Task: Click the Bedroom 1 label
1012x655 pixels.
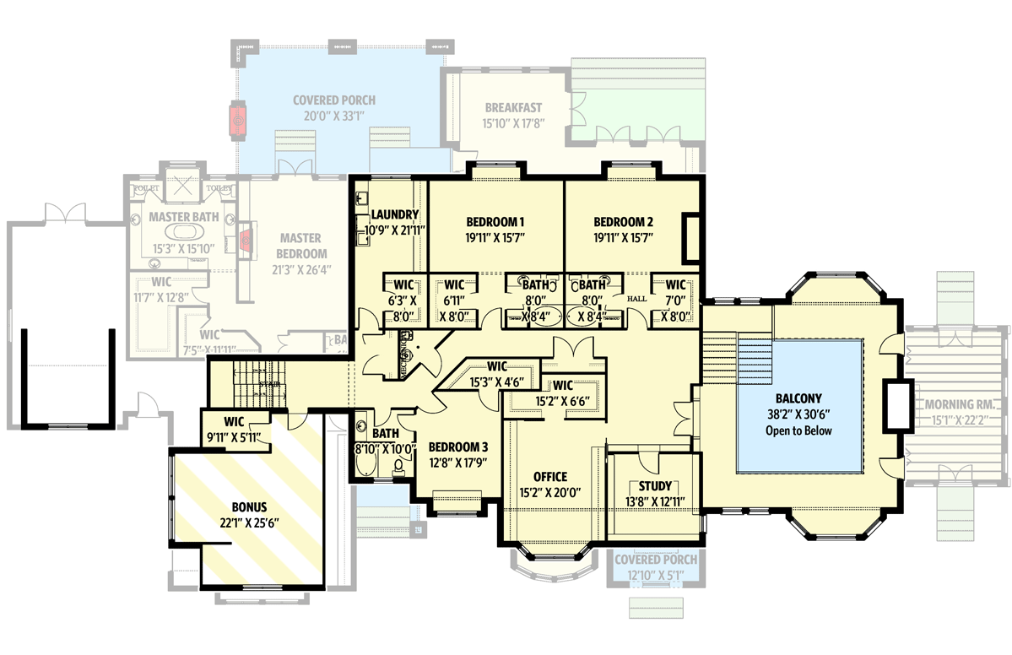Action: point(495,222)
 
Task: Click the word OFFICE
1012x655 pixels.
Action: point(549,477)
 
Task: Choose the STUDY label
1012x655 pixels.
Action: point(655,486)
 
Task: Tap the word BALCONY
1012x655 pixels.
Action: point(798,398)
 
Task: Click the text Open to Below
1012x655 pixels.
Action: point(798,430)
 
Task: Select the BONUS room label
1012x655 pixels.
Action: point(249,507)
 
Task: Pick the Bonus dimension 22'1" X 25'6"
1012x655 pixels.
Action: point(249,522)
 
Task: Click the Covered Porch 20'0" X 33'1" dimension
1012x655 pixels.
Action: point(334,116)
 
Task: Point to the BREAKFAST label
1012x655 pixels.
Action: point(513,108)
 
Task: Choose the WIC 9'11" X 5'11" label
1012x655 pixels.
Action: point(234,428)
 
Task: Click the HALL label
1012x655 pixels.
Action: point(636,300)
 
